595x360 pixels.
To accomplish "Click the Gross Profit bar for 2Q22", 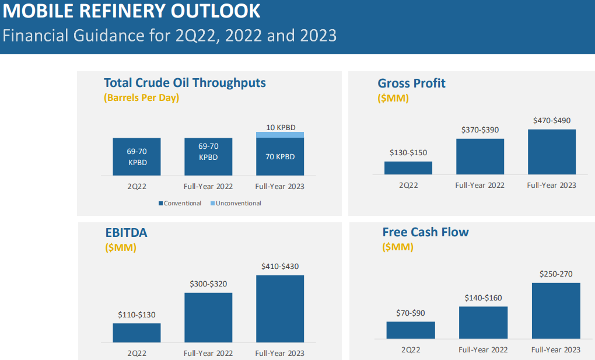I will tap(408, 168).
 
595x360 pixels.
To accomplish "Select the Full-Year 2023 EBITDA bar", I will tap(280, 309).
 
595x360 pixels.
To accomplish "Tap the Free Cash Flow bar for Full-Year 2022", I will tap(483, 323).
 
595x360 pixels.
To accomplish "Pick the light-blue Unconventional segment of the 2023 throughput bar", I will tap(280, 135).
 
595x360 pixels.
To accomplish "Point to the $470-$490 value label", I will tap(552, 121).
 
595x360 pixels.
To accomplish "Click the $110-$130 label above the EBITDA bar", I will tap(136, 315).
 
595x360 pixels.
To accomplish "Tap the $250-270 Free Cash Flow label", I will tap(556, 274).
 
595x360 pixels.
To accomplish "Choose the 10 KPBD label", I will tap(280, 127).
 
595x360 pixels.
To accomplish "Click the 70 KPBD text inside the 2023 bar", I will tap(280, 157).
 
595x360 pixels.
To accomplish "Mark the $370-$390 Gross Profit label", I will tap(480, 130).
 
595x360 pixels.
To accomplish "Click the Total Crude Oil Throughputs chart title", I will tap(184, 83).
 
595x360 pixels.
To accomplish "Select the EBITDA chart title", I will tap(126, 233).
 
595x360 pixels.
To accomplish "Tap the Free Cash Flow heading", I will tap(425, 232).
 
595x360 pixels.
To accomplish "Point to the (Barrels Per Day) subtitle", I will tap(142, 97).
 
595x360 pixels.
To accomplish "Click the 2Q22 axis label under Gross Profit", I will tap(408, 186).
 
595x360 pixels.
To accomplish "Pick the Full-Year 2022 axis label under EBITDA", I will tap(208, 354).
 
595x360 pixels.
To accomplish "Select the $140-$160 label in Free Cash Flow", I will tap(483, 298).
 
